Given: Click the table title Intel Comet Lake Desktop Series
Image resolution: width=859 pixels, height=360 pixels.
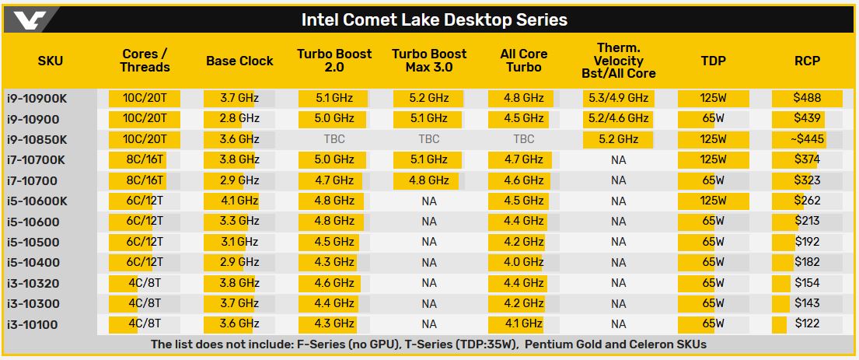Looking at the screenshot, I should tap(434, 19).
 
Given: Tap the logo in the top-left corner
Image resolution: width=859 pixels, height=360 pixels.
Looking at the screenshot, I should tap(29, 20).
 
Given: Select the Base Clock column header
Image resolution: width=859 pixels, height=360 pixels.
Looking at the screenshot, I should tap(239, 61).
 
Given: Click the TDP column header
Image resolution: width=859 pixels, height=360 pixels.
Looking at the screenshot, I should tap(713, 61).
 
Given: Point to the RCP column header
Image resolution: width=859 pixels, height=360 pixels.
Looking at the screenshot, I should tap(807, 61).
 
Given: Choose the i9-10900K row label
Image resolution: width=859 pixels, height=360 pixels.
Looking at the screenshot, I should tap(37, 99).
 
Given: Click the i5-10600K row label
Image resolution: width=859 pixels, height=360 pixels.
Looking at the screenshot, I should tap(37, 201).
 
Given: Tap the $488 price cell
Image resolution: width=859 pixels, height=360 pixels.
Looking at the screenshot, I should tap(808, 99).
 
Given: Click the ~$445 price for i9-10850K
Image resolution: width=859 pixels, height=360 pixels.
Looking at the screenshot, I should tap(806, 139).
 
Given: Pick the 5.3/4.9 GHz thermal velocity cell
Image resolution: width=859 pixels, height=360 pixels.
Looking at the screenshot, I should tap(618, 99).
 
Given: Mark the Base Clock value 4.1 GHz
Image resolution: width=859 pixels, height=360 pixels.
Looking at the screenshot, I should tap(239, 201).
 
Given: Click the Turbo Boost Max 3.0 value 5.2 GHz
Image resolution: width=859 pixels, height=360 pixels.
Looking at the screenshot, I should tap(428, 99).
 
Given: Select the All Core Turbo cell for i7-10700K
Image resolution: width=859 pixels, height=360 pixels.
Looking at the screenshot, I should tap(524, 159).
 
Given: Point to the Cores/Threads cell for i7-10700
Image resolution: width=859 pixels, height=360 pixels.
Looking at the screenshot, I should tap(145, 180).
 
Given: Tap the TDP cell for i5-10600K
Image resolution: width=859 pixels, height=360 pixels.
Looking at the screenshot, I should tap(713, 201).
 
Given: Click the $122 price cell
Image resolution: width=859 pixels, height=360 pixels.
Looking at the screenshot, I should tap(808, 323).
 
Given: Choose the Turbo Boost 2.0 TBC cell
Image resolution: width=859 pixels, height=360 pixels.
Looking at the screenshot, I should tap(334, 140).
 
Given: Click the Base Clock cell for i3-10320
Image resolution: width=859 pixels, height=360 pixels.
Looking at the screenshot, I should tap(239, 283).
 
